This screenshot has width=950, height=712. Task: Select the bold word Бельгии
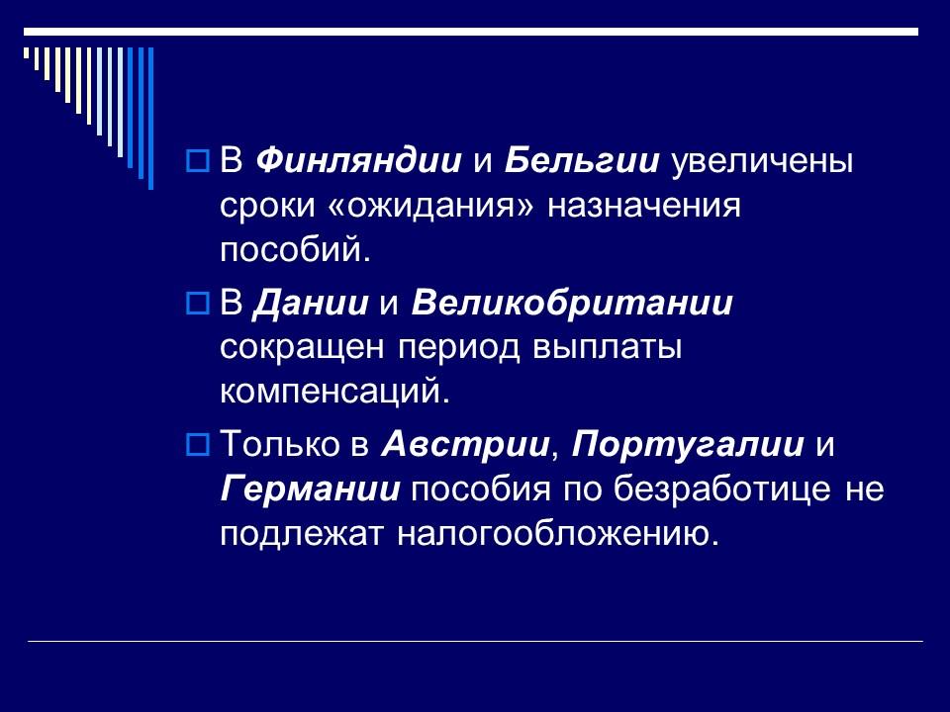(x=571, y=161)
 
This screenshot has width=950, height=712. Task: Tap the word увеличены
(x=749, y=161)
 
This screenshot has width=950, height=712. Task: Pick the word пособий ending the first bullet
(x=294, y=250)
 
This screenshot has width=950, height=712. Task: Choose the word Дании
(x=313, y=303)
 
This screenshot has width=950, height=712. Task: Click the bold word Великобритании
(x=571, y=303)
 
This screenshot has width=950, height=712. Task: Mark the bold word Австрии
(x=464, y=444)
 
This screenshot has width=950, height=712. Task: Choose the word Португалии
(x=688, y=444)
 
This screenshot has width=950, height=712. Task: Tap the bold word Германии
(x=310, y=489)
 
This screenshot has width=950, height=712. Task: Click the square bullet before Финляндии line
(x=195, y=161)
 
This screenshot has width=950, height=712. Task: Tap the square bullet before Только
(x=195, y=444)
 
